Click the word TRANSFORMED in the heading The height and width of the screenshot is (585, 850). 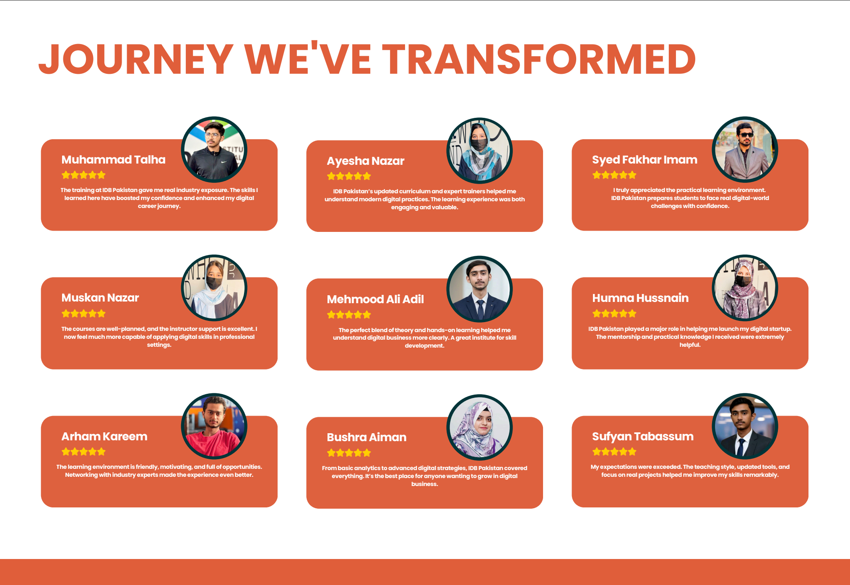point(539,59)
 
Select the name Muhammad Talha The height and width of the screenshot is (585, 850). point(113,160)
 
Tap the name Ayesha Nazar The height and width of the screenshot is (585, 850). point(365,161)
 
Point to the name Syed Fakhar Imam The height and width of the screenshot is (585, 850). point(645,160)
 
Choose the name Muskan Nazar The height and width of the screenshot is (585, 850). point(100,298)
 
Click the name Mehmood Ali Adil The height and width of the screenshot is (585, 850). point(375,299)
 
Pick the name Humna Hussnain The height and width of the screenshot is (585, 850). point(640,298)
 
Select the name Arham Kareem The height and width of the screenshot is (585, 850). point(104,436)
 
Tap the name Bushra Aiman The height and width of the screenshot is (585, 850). point(367,437)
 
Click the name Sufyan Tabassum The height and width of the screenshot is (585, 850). point(643,437)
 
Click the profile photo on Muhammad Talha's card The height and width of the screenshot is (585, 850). point(214,150)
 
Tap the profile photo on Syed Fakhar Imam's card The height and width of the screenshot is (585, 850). point(745,150)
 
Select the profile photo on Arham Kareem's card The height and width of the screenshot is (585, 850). point(214,426)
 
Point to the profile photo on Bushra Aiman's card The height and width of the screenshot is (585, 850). point(480,427)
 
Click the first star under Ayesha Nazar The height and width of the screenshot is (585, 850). point(331,176)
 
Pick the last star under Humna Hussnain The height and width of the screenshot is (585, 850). point(632,313)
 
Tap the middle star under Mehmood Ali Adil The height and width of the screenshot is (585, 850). point(349,315)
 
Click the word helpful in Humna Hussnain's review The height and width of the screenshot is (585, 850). point(690,345)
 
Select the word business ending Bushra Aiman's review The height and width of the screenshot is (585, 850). point(424,484)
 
